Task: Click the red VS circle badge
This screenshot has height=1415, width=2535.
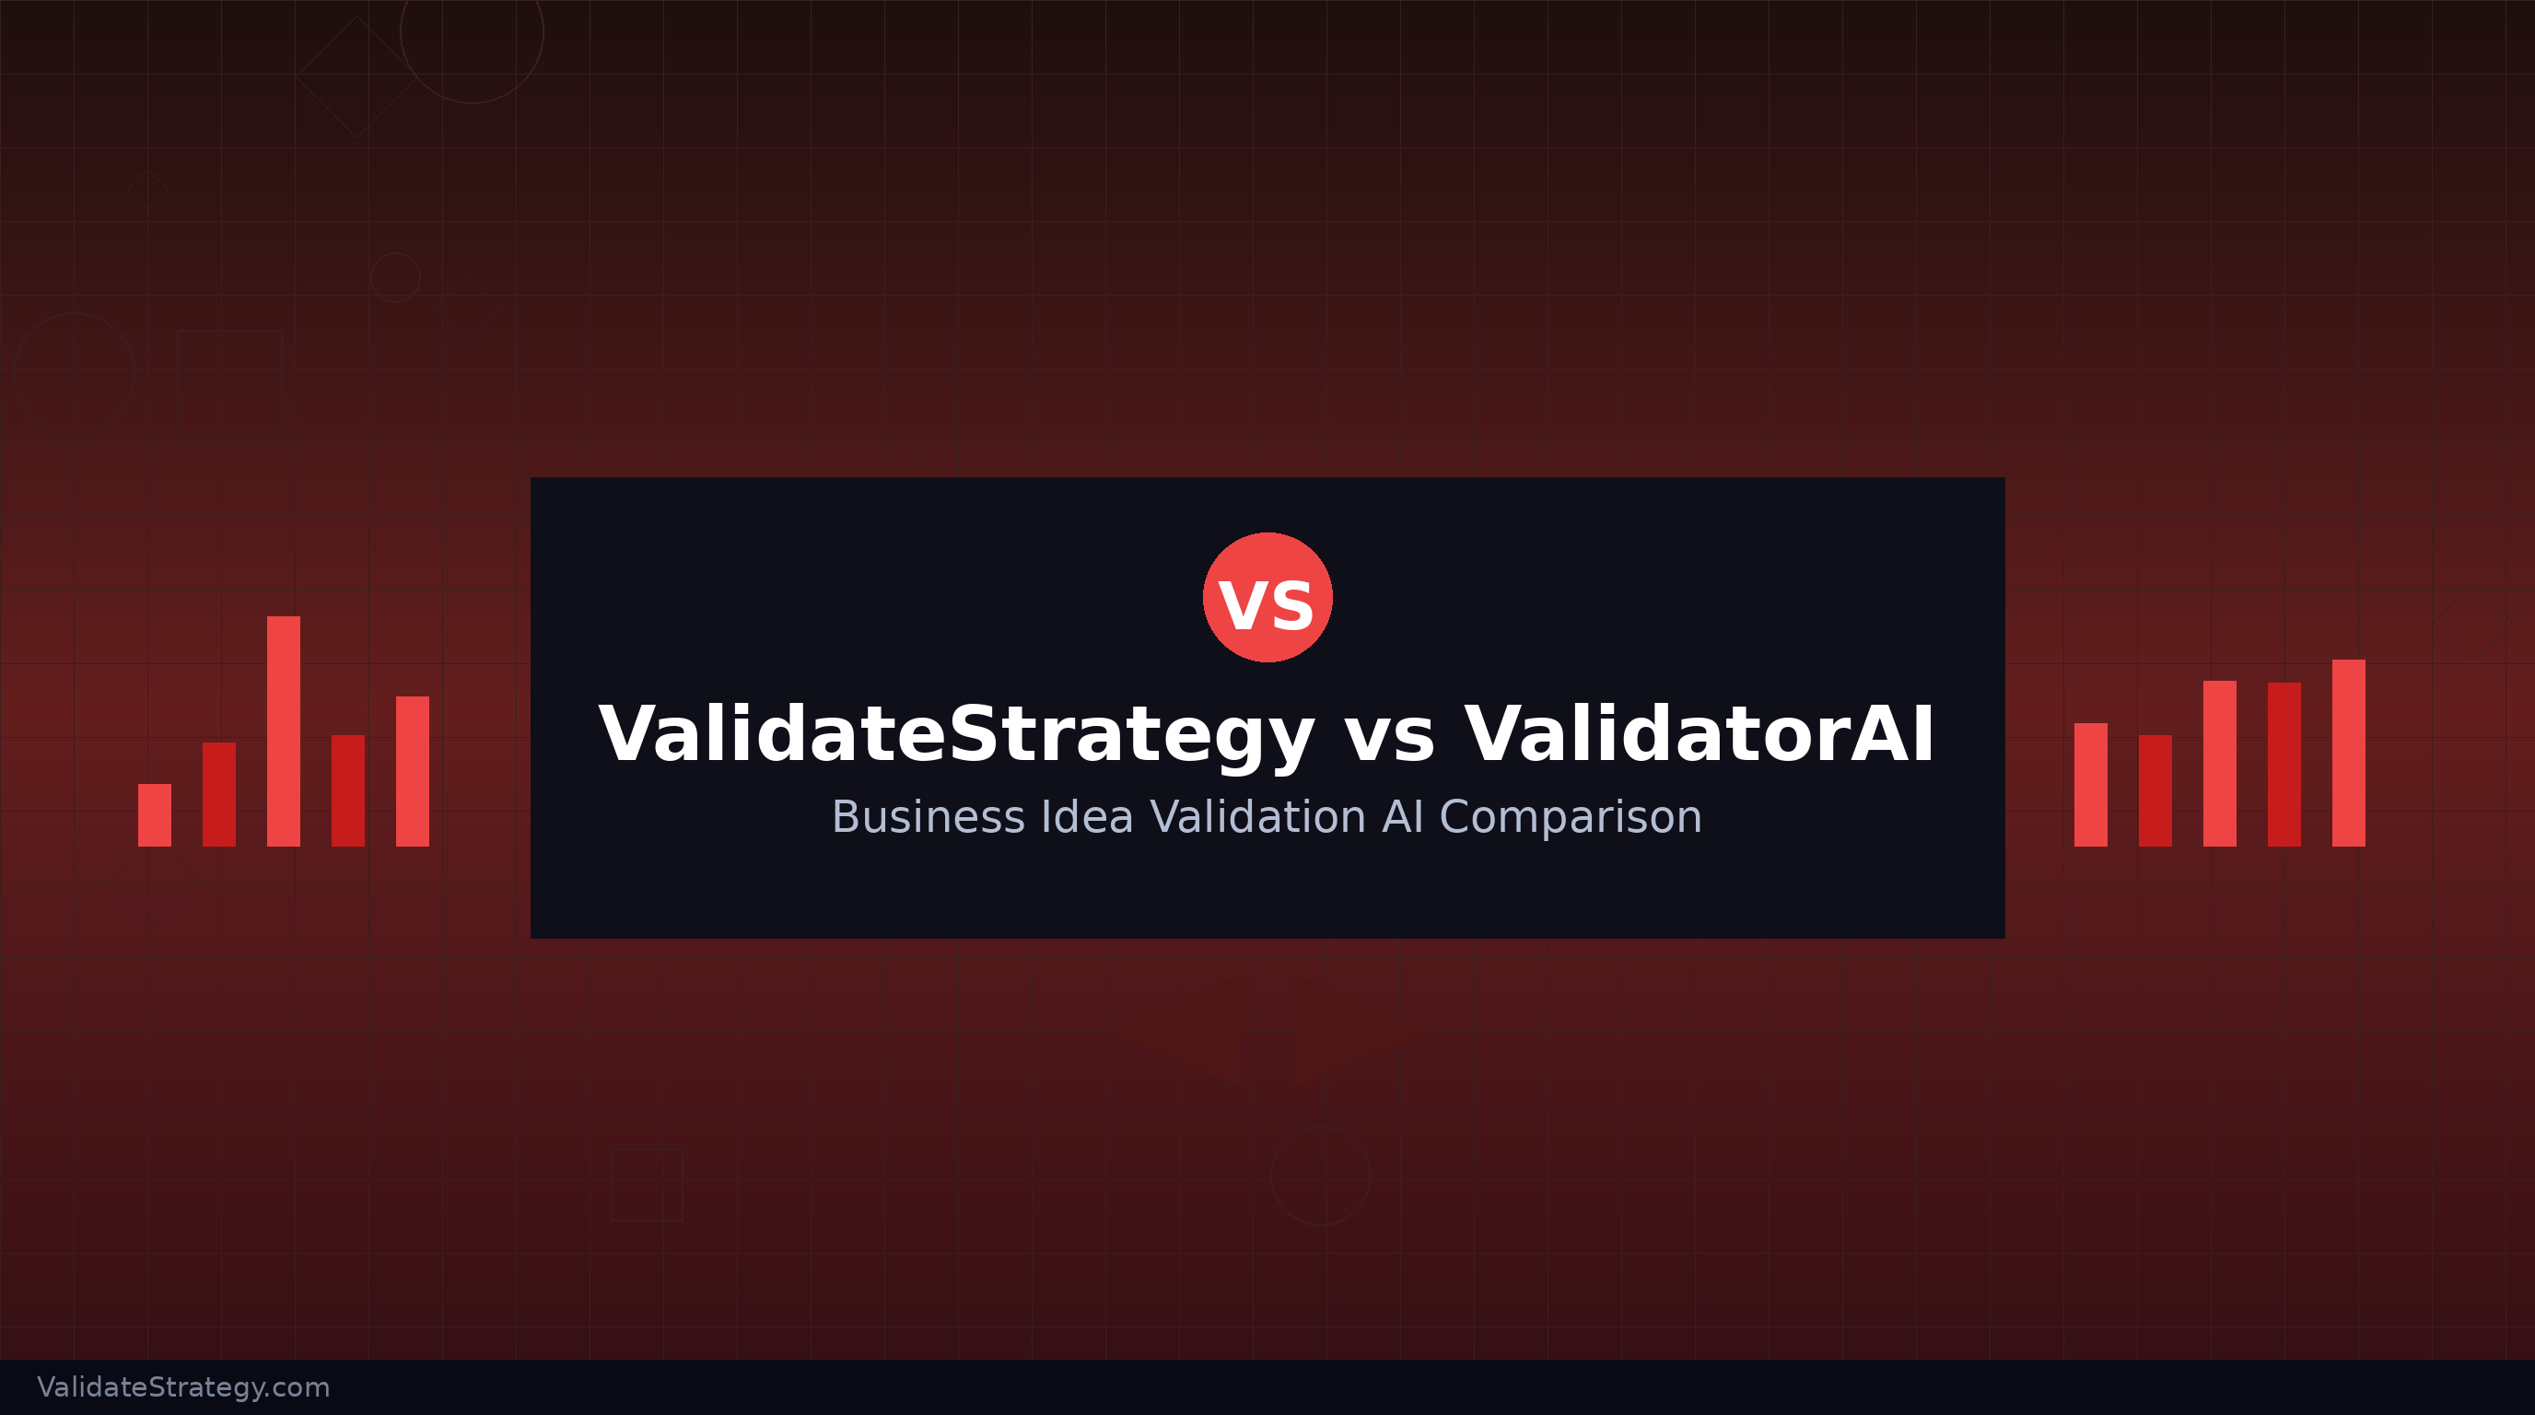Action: tap(1267, 597)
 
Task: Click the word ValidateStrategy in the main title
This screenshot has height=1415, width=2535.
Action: tap(955, 735)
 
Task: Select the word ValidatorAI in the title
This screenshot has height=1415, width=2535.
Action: tap(1699, 735)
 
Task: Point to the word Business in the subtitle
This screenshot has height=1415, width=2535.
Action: tap(928, 817)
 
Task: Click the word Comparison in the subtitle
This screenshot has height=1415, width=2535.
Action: tap(1571, 817)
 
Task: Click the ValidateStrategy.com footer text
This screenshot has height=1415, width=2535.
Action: tap(184, 1387)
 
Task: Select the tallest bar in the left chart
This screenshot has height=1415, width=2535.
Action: tap(284, 731)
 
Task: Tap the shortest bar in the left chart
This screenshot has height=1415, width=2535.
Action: tap(155, 814)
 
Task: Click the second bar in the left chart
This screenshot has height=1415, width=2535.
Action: tap(218, 794)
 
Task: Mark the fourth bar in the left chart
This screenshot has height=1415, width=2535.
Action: tap(347, 790)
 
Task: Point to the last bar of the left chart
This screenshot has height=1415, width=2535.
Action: tap(413, 771)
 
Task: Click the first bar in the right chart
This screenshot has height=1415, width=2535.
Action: tap(2090, 784)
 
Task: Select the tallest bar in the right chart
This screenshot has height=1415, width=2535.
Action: tap(2348, 753)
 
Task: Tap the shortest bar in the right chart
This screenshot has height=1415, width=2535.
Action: tap(2155, 790)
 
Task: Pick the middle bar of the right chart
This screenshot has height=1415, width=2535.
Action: tap(2219, 764)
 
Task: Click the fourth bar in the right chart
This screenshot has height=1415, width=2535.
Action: tap(2284, 765)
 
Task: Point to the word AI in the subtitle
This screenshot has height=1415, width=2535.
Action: tap(1402, 817)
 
